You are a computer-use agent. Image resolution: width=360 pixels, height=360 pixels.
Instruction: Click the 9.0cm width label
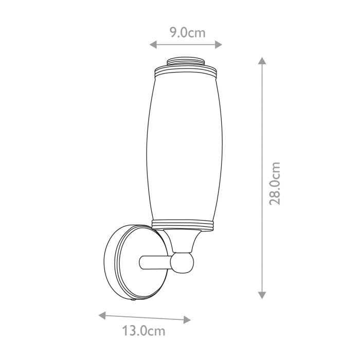pos(188,33)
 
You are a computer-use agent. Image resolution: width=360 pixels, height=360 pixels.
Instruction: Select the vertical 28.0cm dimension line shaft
pos(262,129)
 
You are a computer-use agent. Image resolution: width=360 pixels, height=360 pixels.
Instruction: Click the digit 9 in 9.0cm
pos(174,33)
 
